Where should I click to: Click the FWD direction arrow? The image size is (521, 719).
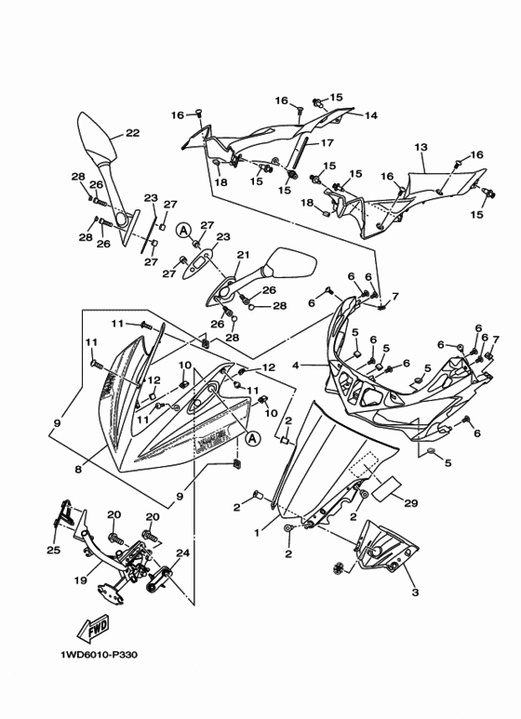pos(95,628)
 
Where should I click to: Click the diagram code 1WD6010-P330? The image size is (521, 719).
pos(99,654)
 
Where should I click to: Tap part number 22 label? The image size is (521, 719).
pos(132,133)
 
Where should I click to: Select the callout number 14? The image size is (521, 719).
pos(370,115)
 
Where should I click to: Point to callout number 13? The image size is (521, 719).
pos(421,148)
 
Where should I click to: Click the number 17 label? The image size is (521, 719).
pos(326,143)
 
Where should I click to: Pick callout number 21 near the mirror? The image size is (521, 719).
pos(243,255)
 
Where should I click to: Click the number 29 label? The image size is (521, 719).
pos(411,503)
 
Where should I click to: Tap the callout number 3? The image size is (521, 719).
pos(415,593)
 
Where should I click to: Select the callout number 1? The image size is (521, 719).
pos(258,533)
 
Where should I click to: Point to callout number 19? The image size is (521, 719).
pos(81,581)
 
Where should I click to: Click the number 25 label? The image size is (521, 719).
pos(54,550)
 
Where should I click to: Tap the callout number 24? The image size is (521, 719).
pos(182,553)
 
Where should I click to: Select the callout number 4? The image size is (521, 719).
pos(296,366)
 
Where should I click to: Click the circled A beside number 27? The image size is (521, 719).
pos(183,230)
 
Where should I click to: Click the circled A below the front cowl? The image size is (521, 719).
pos(253,438)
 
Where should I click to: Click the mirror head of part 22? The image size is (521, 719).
pos(95,136)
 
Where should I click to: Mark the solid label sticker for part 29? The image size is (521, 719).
pos(386,488)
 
